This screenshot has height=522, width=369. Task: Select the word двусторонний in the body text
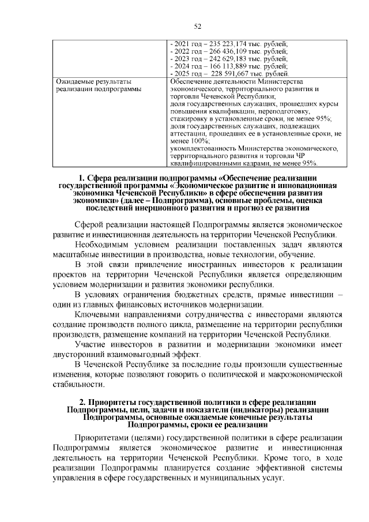coord(77,355)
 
